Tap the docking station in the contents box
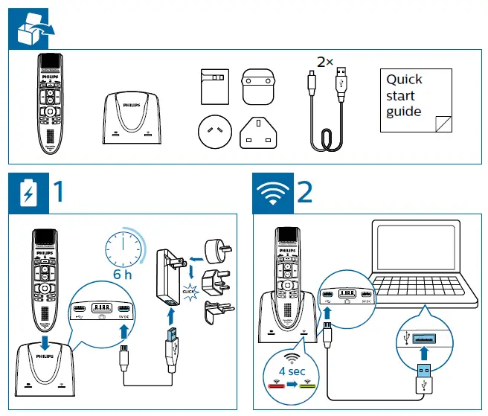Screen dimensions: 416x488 tap(131, 117)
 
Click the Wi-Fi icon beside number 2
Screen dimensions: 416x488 tap(273, 194)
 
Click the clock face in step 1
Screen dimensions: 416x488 tap(124, 247)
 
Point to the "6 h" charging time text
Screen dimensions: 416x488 tap(124, 275)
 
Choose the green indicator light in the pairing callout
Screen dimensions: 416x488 tap(308, 385)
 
